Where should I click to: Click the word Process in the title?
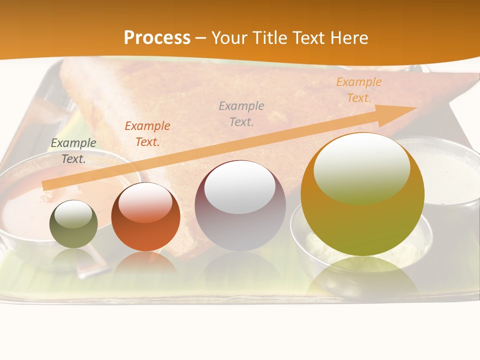(x=157, y=38)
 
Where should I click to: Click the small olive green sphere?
(x=73, y=224)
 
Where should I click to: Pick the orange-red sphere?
(x=145, y=217)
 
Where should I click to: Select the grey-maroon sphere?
(x=240, y=206)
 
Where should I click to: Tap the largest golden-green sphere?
(x=362, y=194)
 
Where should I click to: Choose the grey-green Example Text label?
(x=73, y=151)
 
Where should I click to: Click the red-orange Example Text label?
(x=147, y=134)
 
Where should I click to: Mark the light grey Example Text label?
(x=241, y=113)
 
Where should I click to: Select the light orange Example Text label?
(x=358, y=90)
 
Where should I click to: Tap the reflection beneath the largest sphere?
(x=362, y=277)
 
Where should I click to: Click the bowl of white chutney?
(x=450, y=175)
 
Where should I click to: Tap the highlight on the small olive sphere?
(x=73, y=214)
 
